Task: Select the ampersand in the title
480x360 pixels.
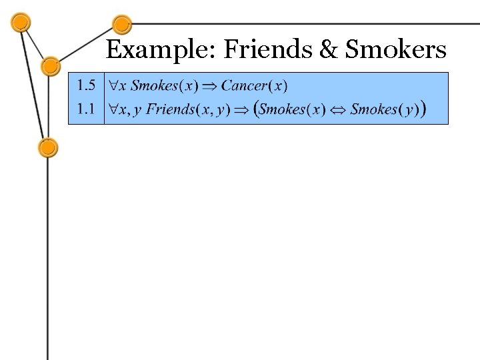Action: coord(327,49)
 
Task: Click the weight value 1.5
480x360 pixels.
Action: coord(87,85)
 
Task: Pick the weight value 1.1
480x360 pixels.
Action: coord(87,109)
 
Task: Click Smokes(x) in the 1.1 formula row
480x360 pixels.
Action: coord(291,109)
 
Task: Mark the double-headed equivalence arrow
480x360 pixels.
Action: coord(338,110)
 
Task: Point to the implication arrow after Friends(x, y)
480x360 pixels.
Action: coord(241,110)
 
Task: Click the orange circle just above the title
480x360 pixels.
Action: coord(121,25)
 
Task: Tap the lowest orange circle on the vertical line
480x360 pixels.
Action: coord(48,147)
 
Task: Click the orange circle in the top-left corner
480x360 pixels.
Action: coord(21,22)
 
